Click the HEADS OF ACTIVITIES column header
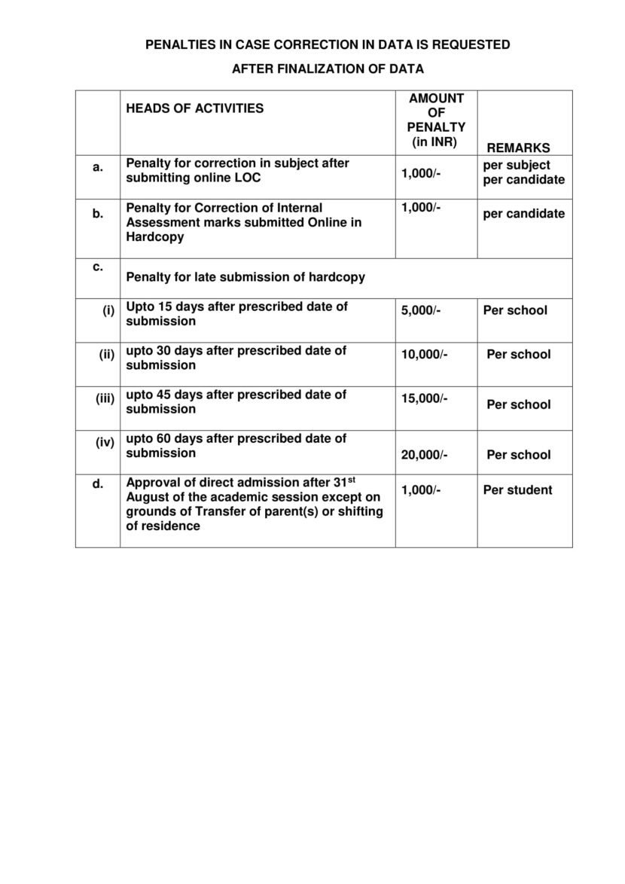tap(194, 108)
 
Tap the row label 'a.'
tap(98, 167)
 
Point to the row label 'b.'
tap(98, 214)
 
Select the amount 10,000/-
tap(424, 354)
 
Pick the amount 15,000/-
tap(424, 398)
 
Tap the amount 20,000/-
tap(424, 455)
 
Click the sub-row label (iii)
tap(105, 398)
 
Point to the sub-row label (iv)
tap(105, 443)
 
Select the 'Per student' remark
tap(517, 490)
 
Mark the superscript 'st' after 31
tap(350, 479)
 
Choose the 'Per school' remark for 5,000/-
tap(515, 310)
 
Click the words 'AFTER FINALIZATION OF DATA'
tap(328, 69)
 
